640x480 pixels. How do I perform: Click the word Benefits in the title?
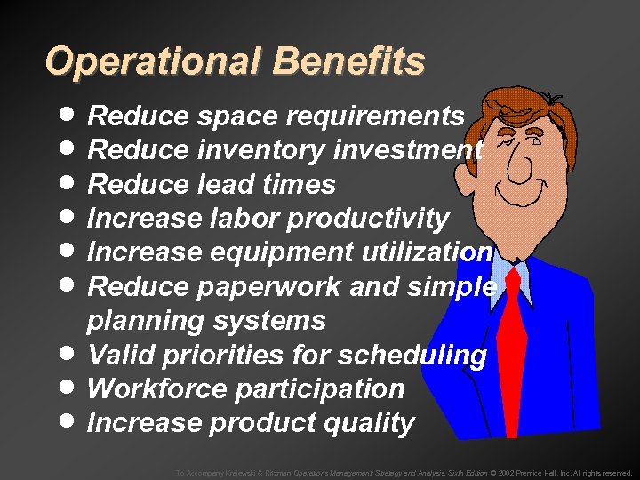tap(349, 62)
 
